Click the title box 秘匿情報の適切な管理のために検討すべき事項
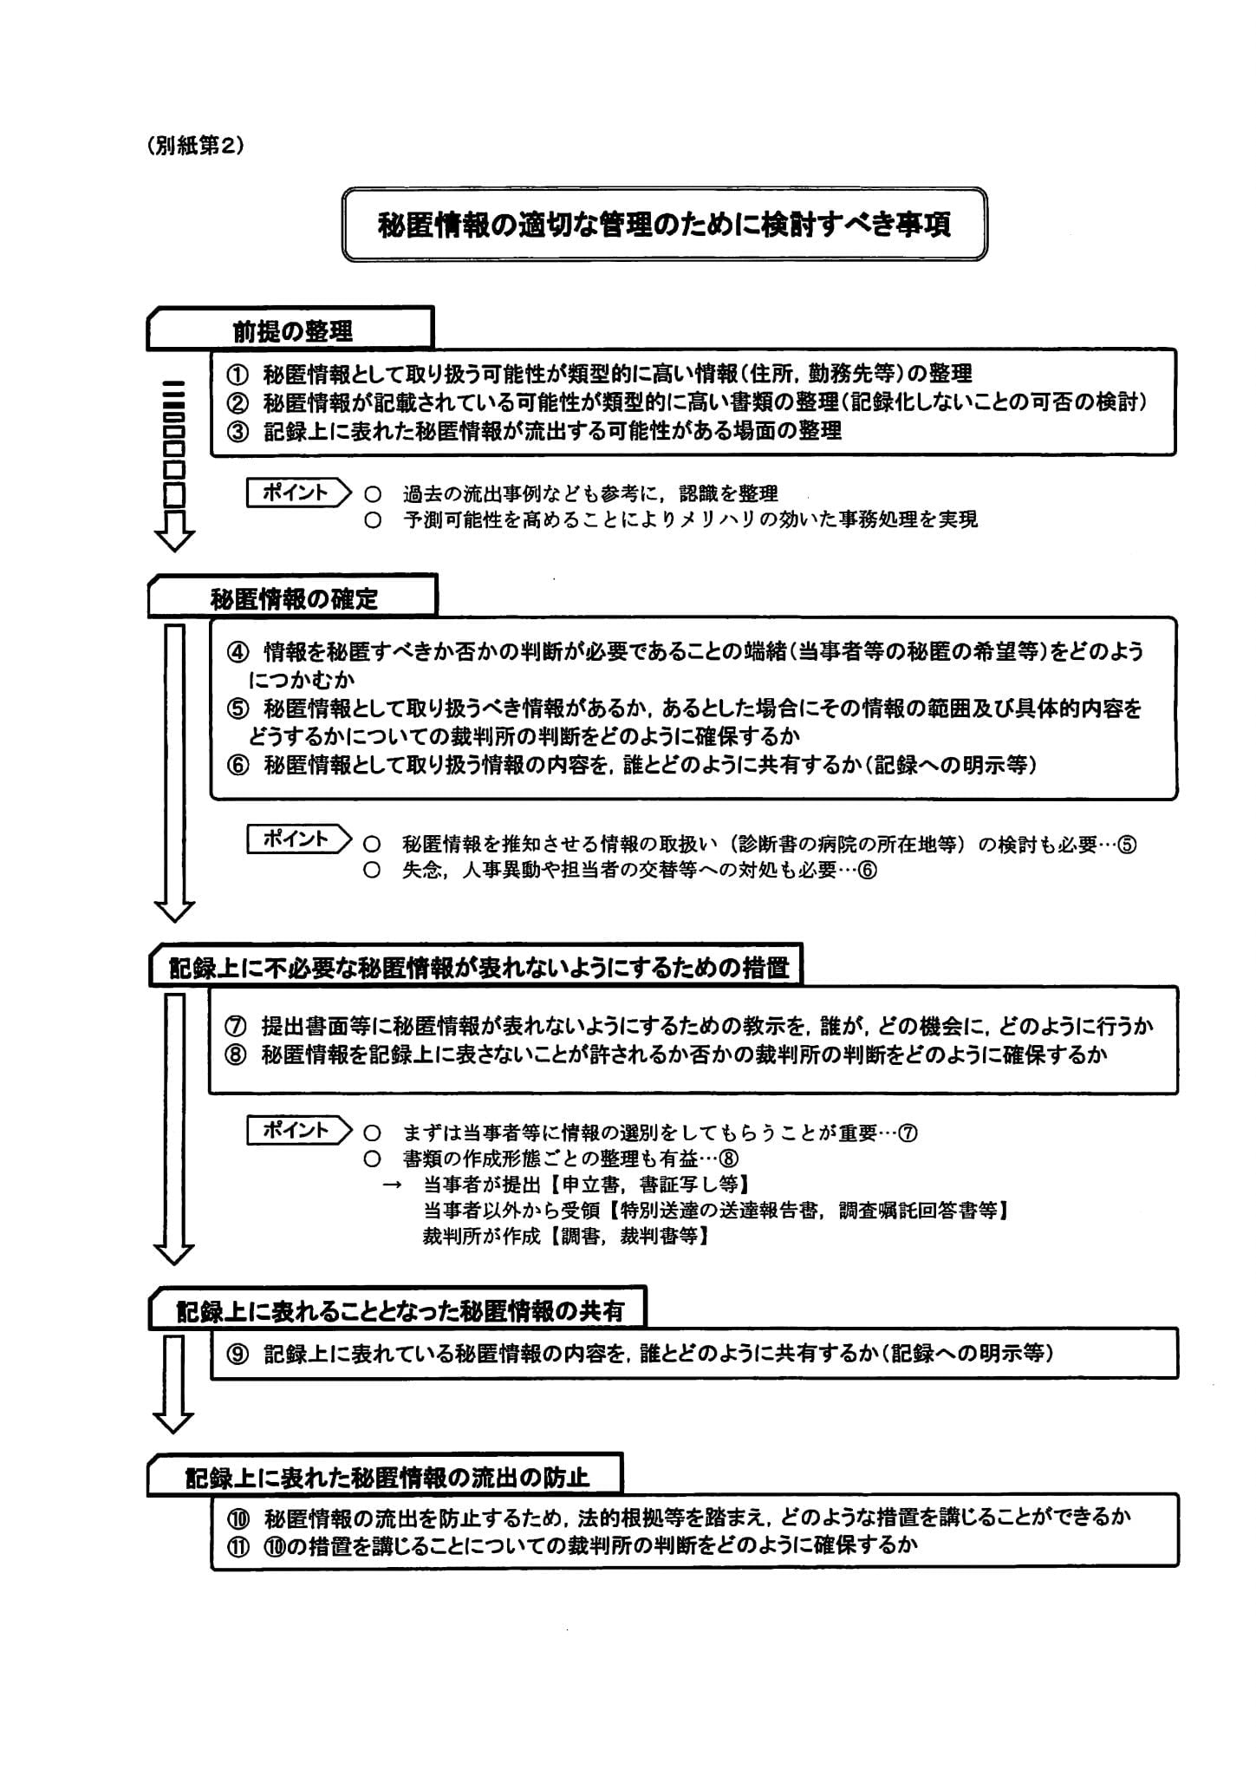pyautogui.click(x=664, y=225)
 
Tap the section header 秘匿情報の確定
pyautogui.click(x=293, y=598)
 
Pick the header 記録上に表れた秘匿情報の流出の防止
pyautogui.click(x=387, y=1477)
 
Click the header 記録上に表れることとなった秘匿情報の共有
pyautogui.click(x=399, y=1310)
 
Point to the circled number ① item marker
pyautogui.click(x=237, y=374)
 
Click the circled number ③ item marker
pyautogui.click(x=237, y=431)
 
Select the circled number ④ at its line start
pyautogui.click(x=237, y=651)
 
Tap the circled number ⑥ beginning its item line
pyautogui.click(x=237, y=766)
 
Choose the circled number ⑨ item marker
pyautogui.click(x=237, y=1355)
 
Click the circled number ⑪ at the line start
pyautogui.click(x=237, y=1544)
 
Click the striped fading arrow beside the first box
pyautogui.click(x=174, y=464)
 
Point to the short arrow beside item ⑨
pyautogui.click(x=173, y=1384)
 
